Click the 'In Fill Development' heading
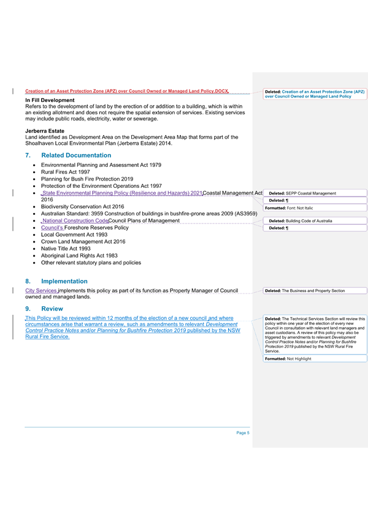coord(50,100)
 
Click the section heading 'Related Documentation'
coord(76,155)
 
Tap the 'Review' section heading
coord(53,308)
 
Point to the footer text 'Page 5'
coord(243,433)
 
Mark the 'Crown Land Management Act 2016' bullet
coord(83,241)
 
